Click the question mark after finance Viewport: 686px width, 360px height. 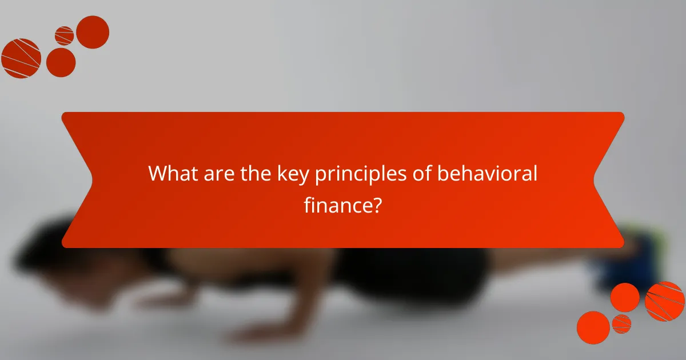coord(376,205)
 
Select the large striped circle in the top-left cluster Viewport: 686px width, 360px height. coord(21,58)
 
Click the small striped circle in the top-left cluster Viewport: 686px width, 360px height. coord(64,35)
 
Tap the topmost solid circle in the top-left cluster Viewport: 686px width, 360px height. coord(92,32)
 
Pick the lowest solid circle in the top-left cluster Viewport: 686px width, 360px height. coord(61,62)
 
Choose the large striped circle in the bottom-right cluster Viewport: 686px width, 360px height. coord(665,301)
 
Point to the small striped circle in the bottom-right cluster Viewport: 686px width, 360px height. coord(621,323)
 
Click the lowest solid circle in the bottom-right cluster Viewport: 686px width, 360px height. coord(593,327)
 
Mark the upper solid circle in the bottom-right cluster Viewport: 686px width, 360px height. coord(625,297)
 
